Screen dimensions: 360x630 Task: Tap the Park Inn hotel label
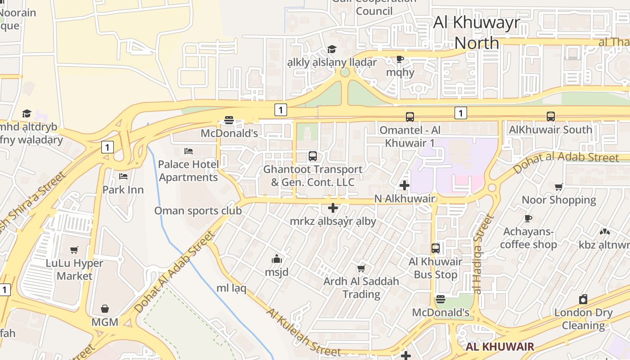tap(123, 189)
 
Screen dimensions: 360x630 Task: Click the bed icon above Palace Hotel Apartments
tap(189, 151)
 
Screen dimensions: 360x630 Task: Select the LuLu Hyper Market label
tap(75, 269)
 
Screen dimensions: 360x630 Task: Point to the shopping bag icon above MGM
tap(105, 309)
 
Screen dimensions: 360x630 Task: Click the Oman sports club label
tap(198, 211)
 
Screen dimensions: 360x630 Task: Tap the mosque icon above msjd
tap(276, 259)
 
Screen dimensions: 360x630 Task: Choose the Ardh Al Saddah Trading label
tap(361, 288)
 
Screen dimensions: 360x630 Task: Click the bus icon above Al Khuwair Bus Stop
tap(436, 248)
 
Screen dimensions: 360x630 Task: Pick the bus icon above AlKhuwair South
tap(551, 116)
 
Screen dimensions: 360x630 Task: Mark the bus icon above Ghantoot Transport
tap(313, 156)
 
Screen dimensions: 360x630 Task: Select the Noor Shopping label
tap(558, 199)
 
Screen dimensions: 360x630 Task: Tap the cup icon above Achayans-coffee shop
tap(528, 218)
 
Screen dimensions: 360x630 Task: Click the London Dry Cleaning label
tap(583, 319)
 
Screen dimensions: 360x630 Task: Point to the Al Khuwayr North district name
tap(477, 32)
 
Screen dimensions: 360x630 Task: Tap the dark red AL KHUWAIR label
tap(499, 346)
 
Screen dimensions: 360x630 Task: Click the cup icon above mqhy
tap(400, 59)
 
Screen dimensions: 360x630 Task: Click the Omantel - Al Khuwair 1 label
tap(410, 136)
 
